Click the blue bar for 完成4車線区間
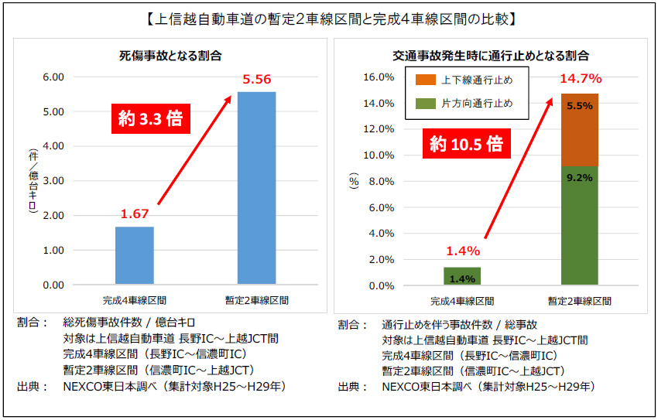click(x=134, y=255)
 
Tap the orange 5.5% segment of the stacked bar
click(x=579, y=130)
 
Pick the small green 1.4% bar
click(x=462, y=276)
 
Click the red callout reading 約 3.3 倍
click(x=151, y=119)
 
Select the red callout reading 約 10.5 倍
click(x=464, y=144)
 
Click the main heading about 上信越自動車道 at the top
click(x=329, y=16)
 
